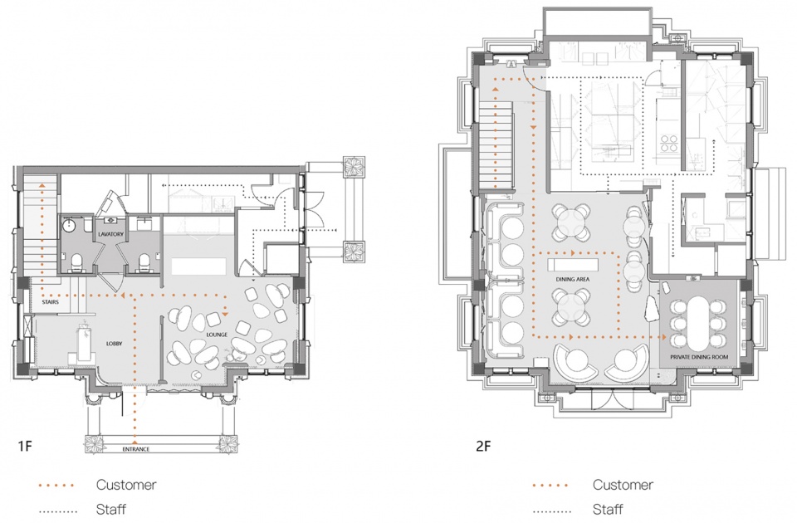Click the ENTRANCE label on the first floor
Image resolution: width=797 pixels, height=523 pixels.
point(135,449)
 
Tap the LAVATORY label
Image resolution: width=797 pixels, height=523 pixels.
point(110,234)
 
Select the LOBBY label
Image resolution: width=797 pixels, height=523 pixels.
point(115,344)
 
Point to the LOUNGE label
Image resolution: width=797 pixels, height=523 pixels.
point(217,335)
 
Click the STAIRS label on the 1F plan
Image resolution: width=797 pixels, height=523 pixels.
point(51,302)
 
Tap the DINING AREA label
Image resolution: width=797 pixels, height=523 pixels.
point(572,279)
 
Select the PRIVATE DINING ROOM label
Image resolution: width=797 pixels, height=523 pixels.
point(699,357)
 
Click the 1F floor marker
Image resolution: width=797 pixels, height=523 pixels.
point(25,447)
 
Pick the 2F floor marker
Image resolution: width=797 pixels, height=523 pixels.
point(483,447)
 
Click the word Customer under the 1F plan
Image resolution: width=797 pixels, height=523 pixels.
point(126,484)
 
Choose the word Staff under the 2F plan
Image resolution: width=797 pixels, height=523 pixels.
point(608,509)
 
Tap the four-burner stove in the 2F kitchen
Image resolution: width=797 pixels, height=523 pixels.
point(669,143)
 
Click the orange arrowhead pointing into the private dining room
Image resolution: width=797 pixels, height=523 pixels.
point(663,337)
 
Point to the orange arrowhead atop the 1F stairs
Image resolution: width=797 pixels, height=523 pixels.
point(42,187)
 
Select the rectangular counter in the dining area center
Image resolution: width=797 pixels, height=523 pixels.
point(573,266)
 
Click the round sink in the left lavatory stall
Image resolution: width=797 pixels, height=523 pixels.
point(69,226)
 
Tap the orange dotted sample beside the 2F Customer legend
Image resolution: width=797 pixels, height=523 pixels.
point(550,486)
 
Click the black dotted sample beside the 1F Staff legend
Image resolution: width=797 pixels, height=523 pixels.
point(57,511)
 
